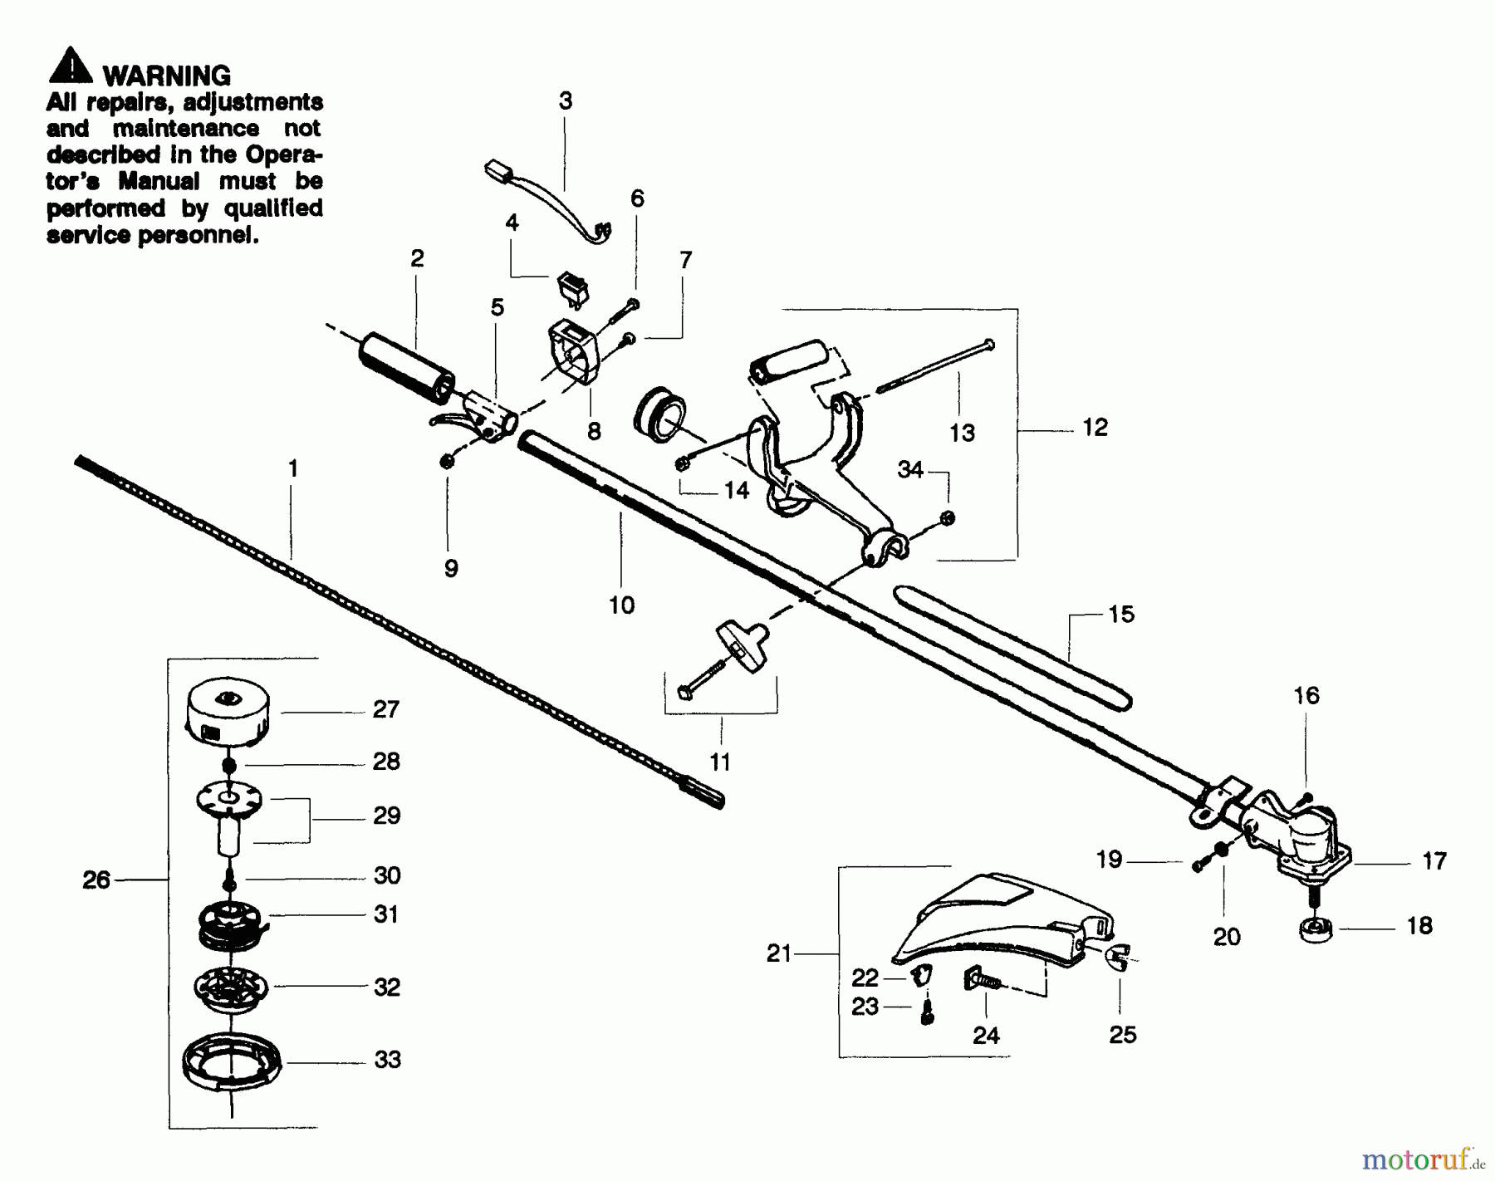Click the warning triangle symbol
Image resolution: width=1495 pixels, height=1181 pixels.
(71, 66)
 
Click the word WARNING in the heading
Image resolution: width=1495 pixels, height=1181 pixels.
(166, 76)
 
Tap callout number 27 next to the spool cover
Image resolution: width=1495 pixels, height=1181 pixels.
(385, 709)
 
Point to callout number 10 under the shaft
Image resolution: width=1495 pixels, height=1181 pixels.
(621, 605)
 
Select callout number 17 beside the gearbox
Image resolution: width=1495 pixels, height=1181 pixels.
(1434, 861)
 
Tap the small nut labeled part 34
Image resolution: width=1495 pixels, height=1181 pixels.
(948, 518)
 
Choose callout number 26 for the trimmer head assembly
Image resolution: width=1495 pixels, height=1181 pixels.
(96, 880)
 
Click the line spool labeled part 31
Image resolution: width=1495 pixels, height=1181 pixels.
(231, 923)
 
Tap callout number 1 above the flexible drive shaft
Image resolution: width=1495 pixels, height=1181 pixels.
(292, 469)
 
